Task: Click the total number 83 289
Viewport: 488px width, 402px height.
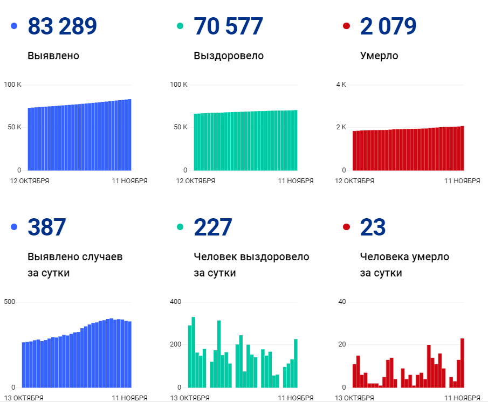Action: point(63,26)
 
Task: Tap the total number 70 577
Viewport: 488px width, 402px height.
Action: point(228,26)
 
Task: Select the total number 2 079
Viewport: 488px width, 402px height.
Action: point(388,26)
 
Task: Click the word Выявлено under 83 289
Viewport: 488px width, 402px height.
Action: point(53,56)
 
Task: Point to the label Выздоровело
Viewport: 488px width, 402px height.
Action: point(229,56)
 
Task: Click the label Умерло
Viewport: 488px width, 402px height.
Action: point(379,56)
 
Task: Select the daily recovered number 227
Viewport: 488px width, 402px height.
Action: point(212,227)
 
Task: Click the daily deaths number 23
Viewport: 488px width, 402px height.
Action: point(373,227)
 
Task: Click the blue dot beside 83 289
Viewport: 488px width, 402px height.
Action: point(14,26)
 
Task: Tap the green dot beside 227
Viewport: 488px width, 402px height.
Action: point(180,227)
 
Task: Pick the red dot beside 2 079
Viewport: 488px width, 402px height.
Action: point(346,26)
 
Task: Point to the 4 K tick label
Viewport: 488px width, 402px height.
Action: point(341,85)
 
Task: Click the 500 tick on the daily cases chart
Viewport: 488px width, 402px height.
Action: point(10,301)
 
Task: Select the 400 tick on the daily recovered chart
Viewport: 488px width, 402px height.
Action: point(176,301)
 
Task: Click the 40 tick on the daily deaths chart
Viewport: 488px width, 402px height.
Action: point(342,301)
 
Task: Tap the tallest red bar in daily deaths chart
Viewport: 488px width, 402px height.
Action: point(462,363)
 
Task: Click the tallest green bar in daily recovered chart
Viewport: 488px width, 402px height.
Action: point(194,352)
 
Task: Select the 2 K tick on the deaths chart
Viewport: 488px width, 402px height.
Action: point(341,127)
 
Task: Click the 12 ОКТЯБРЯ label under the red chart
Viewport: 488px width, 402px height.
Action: point(354,181)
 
